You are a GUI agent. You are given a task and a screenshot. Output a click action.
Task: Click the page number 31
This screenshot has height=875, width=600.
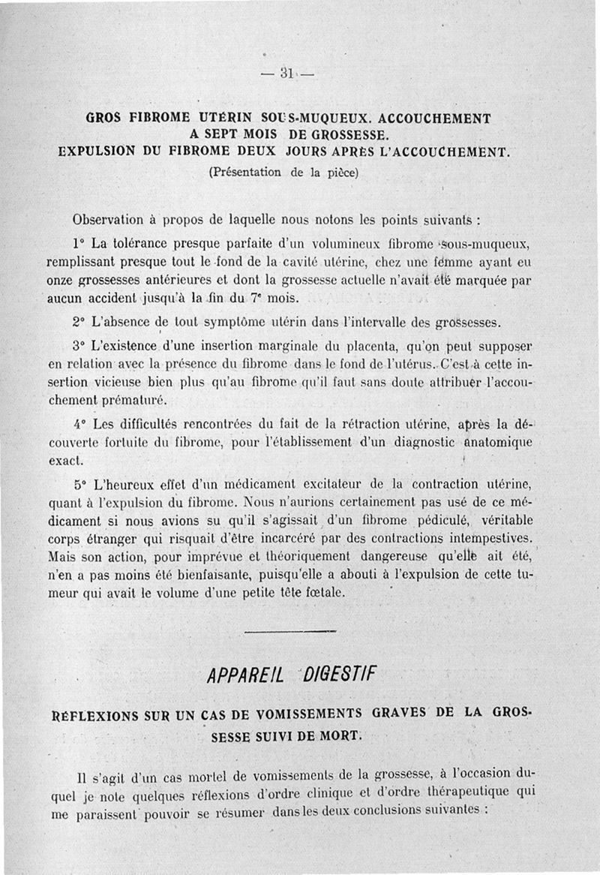286,73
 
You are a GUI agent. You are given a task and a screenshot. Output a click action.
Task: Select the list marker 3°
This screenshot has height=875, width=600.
79,347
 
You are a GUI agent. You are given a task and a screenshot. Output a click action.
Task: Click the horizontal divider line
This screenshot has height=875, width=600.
289,631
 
